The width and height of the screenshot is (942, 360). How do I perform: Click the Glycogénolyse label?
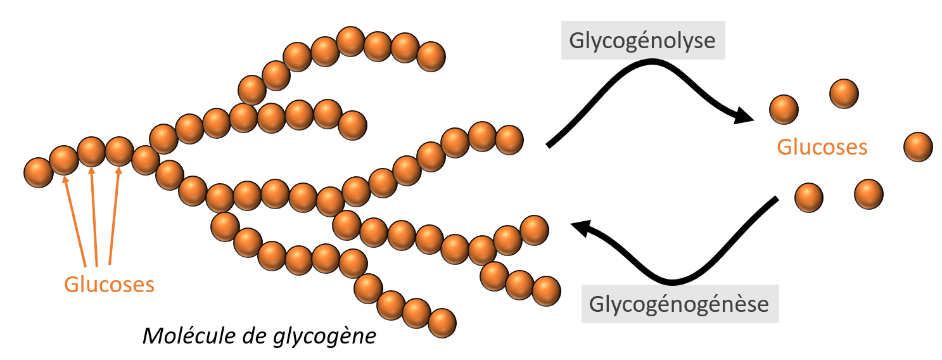coord(642,41)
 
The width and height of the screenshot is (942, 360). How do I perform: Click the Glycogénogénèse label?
coord(679,304)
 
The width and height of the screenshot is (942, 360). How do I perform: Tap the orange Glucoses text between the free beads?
coord(822,147)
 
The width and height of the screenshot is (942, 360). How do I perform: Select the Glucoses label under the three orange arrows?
coord(110,285)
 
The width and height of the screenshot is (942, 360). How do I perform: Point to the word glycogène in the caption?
coord(324,337)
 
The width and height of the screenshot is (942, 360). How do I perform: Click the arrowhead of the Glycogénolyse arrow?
coord(743,115)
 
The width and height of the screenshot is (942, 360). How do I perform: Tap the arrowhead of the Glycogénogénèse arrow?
coord(582,228)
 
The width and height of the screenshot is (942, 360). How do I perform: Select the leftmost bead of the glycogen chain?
coord(38,172)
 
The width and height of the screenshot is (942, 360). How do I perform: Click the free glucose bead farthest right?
coord(918,147)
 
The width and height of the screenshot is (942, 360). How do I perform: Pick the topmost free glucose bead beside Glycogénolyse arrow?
coord(844,93)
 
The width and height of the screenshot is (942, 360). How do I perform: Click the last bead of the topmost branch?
coord(431,56)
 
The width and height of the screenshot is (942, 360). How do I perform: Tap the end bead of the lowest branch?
coord(442,323)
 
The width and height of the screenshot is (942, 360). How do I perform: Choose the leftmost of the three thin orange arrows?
coord(74,221)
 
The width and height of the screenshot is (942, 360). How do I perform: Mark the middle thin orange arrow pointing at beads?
coord(94,216)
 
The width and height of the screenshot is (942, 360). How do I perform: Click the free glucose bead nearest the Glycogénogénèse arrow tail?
coord(809,197)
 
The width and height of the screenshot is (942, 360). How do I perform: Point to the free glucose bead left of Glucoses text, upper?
coord(784,110)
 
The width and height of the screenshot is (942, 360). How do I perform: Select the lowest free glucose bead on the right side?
coord(809,197)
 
